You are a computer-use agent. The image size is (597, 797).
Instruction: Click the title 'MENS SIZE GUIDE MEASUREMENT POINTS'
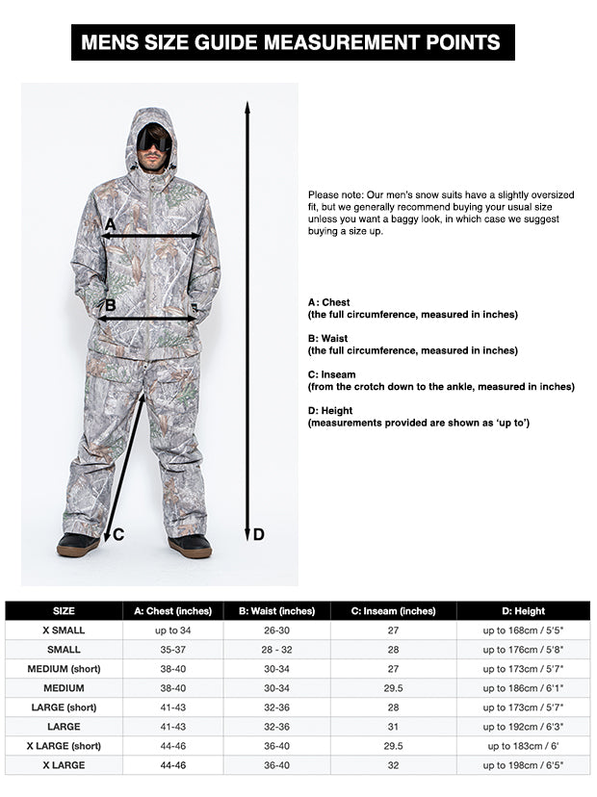coord(292,42)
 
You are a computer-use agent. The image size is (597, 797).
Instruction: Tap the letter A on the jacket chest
coord(110,224)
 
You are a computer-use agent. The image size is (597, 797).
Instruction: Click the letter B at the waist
coord(110,306)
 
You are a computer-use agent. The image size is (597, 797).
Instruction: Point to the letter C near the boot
coord(118,535)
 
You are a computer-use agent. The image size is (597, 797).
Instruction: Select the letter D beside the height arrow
coord(258,534)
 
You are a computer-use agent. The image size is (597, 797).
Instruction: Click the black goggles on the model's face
coord(154,141)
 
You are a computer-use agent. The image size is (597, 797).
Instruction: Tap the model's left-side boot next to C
coord(77,545)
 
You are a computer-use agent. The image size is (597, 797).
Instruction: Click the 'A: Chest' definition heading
coord(328,302)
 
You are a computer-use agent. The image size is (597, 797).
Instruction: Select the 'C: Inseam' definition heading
coord(334,374)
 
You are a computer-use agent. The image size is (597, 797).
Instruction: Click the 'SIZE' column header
coord(64,610)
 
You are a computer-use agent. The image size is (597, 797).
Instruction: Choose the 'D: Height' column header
coord(523,610)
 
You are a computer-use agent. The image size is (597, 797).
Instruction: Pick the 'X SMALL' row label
coord(64,630)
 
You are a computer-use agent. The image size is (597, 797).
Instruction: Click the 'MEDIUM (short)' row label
coord(64,669)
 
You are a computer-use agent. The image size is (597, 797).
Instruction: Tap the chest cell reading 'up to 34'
coord(172,630)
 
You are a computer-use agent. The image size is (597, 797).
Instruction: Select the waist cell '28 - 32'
coord(276,650)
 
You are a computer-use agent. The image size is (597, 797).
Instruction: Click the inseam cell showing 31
coord(393,727)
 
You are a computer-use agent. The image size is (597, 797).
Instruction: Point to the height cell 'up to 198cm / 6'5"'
coord(523,765)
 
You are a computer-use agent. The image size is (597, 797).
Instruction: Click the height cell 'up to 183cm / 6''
coord(523,746)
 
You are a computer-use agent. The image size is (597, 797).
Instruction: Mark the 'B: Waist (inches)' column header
coord(276,610)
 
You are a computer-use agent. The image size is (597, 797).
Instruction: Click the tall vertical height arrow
coord(247,318)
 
